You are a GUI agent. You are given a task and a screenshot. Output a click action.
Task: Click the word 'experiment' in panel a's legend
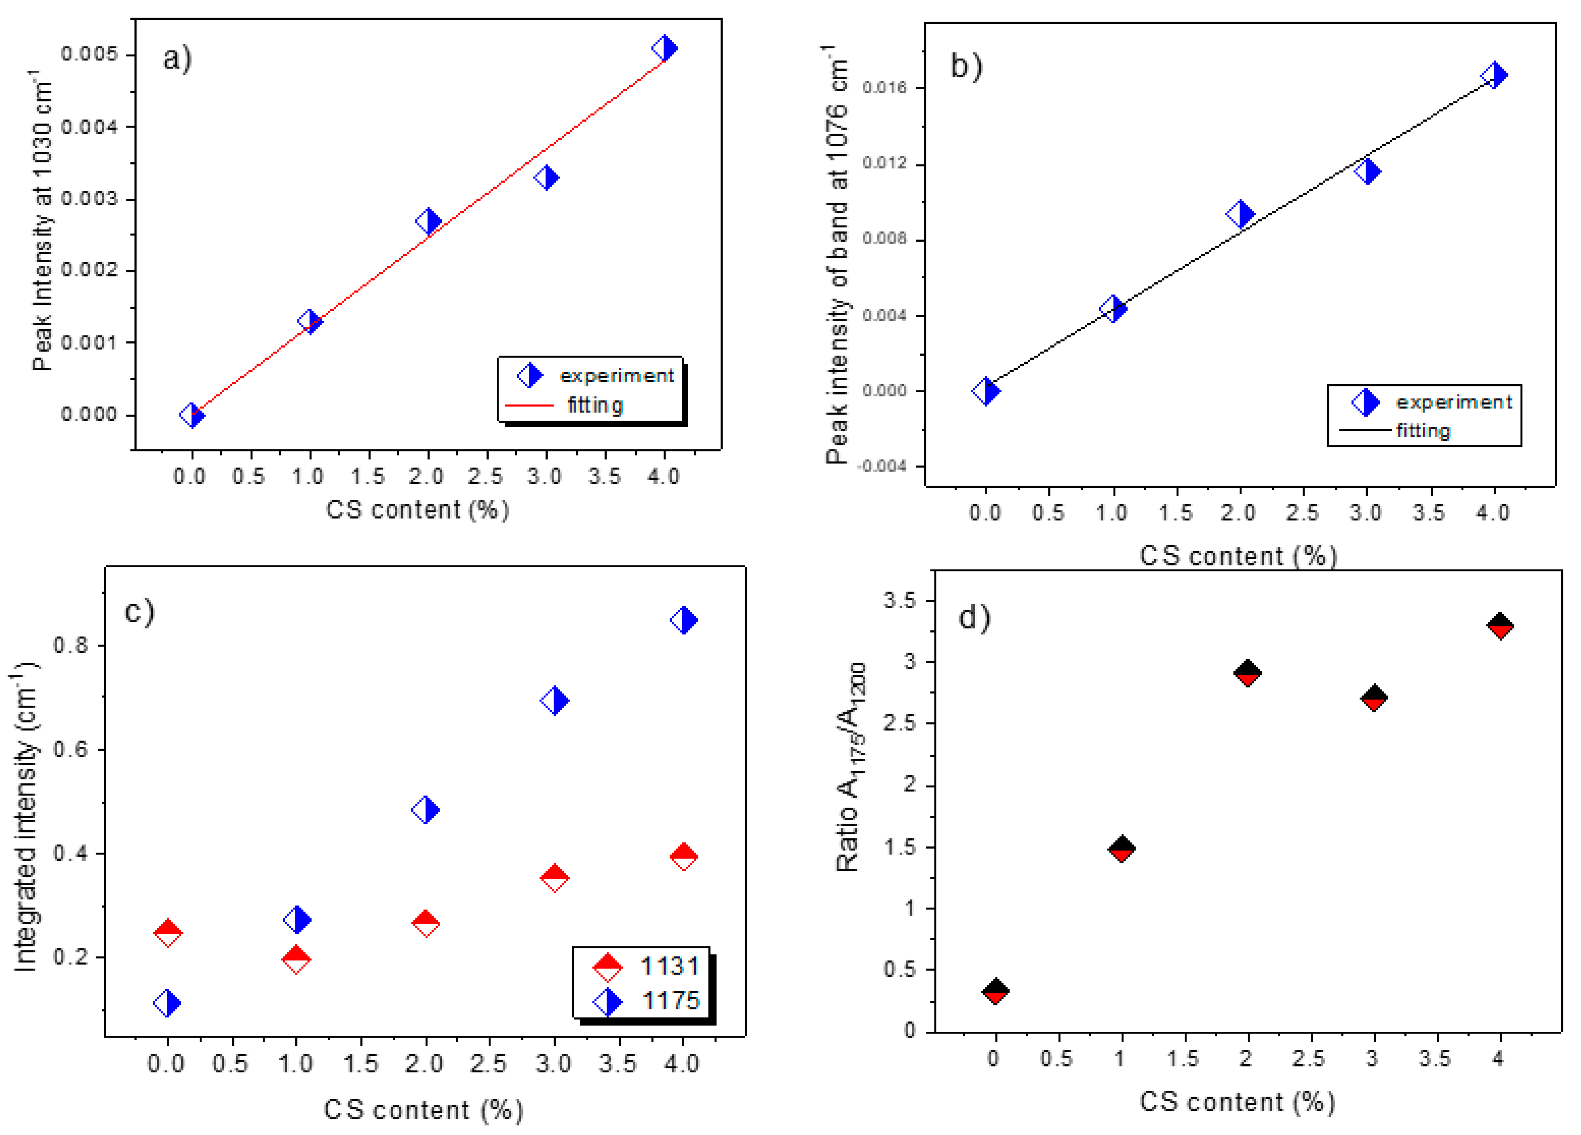pyautogui.click(x=616, y=376)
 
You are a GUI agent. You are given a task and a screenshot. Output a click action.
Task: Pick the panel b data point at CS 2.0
pyautogui.click(x=1240, y=214)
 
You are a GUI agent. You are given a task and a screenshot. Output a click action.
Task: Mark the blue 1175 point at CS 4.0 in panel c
pyautogui.click(x=683, y=620)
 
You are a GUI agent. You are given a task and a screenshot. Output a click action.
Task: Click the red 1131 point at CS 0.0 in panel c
pyautogui.click(x=167, y=932)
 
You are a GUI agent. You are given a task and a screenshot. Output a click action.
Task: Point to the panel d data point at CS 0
pyautogui.click(x=995, y=991)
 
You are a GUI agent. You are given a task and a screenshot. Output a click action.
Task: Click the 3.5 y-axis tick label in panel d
pyautogui.click(x=899, y=600)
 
